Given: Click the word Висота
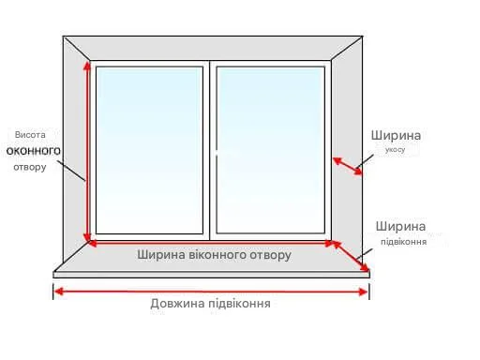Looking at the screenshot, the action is [x=30, y=135].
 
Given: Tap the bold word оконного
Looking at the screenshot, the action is [x=34, y=151].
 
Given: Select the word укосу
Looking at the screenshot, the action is [x=395, y=150].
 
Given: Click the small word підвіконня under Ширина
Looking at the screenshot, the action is [x=403, y=242].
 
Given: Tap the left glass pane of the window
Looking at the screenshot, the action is [x=149, y=150].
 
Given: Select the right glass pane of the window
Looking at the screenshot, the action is [x=271, y=150].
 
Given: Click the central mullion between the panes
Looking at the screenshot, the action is [x=210, y=150].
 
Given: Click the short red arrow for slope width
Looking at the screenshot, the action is [x=347, y=166].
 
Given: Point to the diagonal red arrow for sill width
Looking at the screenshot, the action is [x=351, y=256].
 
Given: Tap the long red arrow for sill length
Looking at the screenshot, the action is [x=211, y=292].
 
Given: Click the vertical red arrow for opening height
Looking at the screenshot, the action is [x=87, y=151].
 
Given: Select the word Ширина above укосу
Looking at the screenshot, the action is [x=396, y=135].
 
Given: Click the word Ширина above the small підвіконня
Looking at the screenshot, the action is [x=400, y=226].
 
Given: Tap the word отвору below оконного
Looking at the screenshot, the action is [x=30, y=167].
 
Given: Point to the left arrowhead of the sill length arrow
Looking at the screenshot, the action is [x=59, y=292].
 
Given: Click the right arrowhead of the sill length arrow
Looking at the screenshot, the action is [x=364, y=292].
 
